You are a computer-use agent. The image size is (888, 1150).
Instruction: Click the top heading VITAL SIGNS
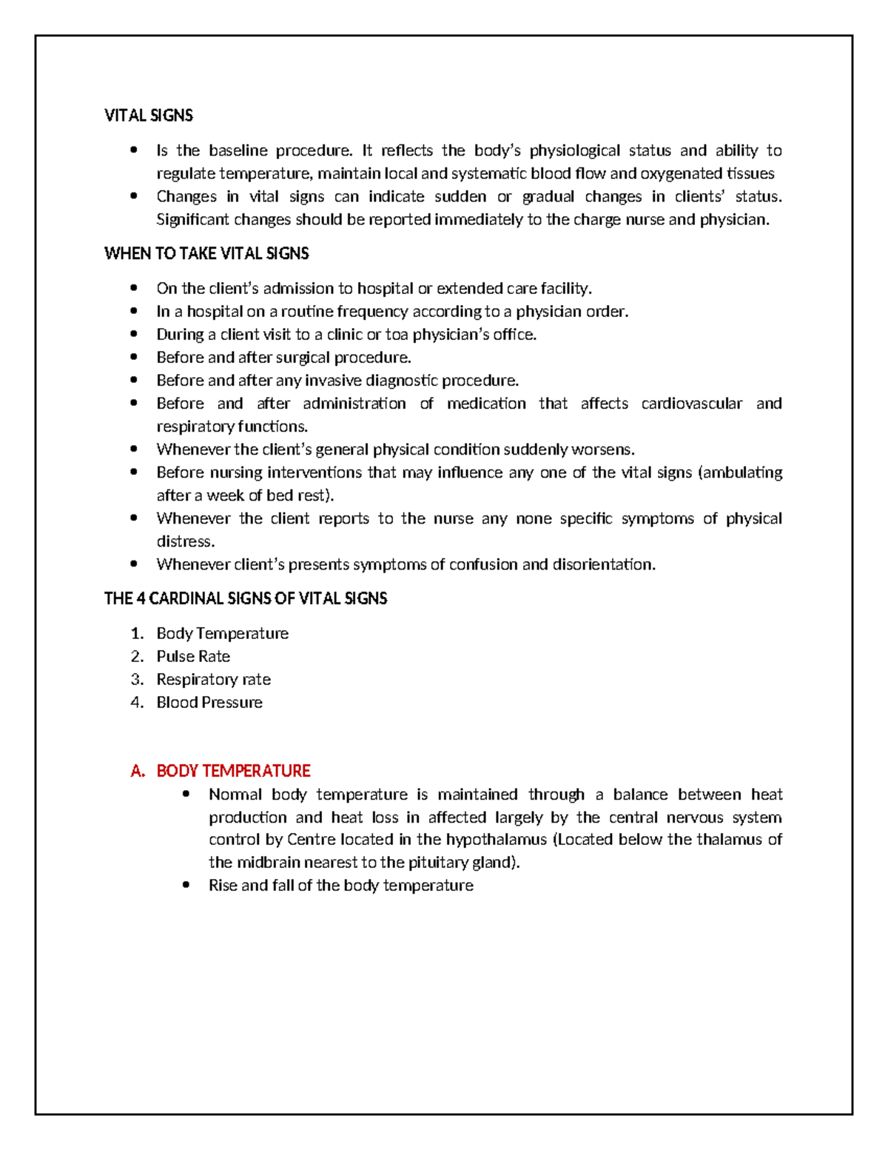(x=149, y=116)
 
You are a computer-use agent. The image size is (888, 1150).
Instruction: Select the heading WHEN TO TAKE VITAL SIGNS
(x=206, y=254)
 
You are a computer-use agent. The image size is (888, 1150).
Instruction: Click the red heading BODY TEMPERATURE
(x=233, y=772)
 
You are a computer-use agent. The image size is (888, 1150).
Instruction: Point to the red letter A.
(x=137, y=772)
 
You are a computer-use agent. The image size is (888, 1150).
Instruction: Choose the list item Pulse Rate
(x=193, y=657)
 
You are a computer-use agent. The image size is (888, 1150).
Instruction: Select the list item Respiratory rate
(x=213, y=680)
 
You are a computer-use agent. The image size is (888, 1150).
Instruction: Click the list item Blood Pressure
(x=209, y=703)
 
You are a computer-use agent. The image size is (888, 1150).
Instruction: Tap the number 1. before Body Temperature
(x=137, y=634)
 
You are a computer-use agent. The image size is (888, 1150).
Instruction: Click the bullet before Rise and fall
(x=186, y=886)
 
